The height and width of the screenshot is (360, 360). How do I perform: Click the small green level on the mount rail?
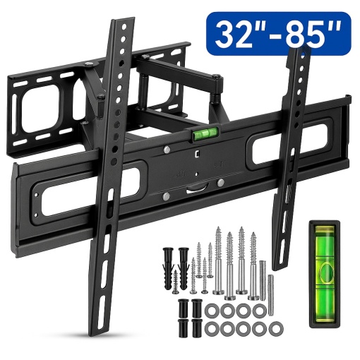[x=205, y=134]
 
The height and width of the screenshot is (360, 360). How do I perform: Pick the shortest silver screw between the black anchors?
[x=175, y=282]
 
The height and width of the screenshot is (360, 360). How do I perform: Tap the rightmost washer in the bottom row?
[x=276, y=328]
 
